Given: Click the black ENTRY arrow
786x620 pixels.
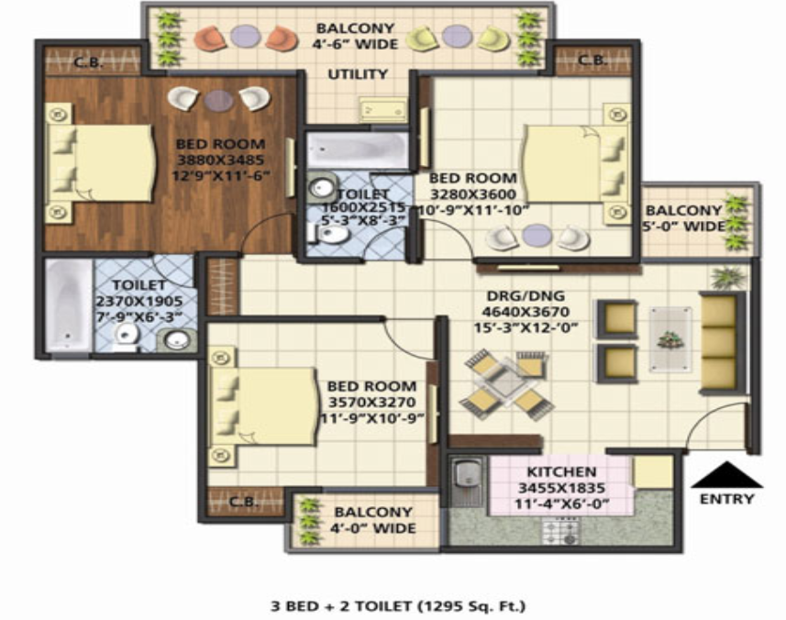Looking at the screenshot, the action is coord(727,475).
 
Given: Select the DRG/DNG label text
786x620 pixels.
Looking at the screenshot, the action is coord(526,295).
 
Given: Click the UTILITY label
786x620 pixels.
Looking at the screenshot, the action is coord(358,74).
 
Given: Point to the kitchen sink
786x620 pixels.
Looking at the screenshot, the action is coord(466,482).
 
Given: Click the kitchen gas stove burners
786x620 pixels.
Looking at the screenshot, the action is coord(561,532).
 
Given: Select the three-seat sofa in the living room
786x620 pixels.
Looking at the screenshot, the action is coord(719,343).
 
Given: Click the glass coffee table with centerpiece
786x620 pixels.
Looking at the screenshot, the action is coord(670,340).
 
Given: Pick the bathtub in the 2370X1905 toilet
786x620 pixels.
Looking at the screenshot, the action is coord(68,305).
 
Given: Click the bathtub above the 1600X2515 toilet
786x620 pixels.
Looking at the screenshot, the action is coord(357,149).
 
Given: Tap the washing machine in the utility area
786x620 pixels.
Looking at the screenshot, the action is coord(383,109).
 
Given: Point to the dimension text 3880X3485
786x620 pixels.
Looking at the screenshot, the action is coord(220,161).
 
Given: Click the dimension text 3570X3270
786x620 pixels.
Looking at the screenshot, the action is coord(372,403).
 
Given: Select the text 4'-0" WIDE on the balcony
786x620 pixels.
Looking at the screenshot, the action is coord(373,528).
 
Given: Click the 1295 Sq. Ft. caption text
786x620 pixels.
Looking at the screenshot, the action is coord(471,606).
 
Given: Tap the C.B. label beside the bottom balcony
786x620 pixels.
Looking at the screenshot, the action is coord(244,502).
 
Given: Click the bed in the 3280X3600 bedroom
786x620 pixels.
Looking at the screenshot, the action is coord(574,163).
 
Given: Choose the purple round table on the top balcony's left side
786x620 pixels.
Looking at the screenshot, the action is coord(246,36).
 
